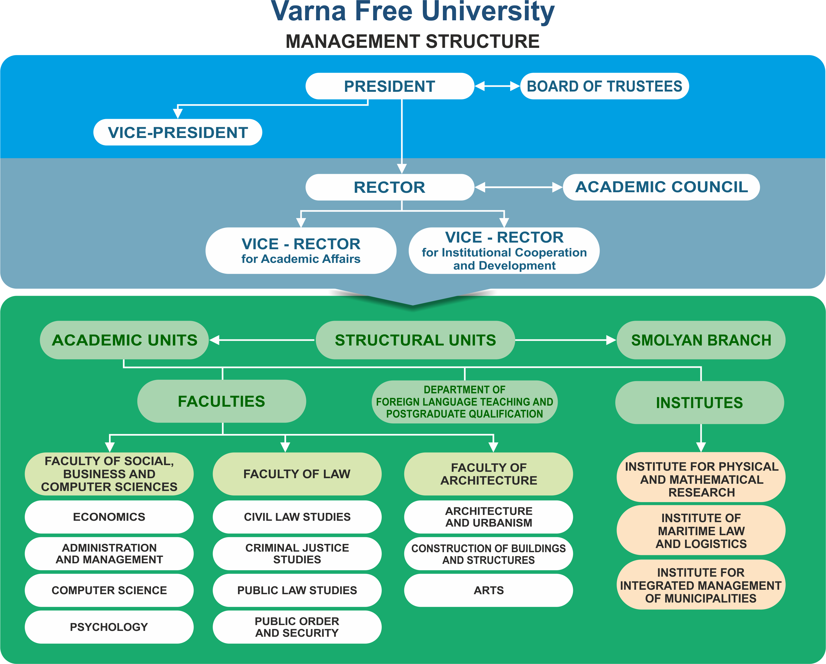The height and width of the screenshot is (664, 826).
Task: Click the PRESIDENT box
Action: [390, 86]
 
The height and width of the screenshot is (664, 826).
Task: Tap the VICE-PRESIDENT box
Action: [178, 132]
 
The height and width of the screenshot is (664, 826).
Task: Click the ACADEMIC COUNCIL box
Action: [661, 187]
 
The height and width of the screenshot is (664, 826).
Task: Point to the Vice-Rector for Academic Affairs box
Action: [301, 251]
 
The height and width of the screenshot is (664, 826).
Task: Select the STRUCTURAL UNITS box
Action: [415, 340]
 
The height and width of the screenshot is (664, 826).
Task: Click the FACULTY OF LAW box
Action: [297, 474]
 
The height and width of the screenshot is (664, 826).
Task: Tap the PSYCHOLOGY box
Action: [109, 627]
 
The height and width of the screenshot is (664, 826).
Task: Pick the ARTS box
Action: [488, 590]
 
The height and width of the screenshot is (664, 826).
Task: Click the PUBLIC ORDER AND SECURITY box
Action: [297, 627]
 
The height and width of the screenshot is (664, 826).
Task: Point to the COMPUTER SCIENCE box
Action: [109, 590]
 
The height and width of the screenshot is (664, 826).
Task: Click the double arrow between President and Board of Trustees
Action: [498, 86]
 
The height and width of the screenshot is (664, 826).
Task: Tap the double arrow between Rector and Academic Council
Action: [519, 187]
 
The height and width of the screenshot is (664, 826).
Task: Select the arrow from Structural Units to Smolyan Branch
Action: [566, 340]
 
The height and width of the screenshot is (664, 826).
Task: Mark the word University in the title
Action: [488, 12]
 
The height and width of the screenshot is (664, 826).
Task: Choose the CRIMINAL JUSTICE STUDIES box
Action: [297, 554]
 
